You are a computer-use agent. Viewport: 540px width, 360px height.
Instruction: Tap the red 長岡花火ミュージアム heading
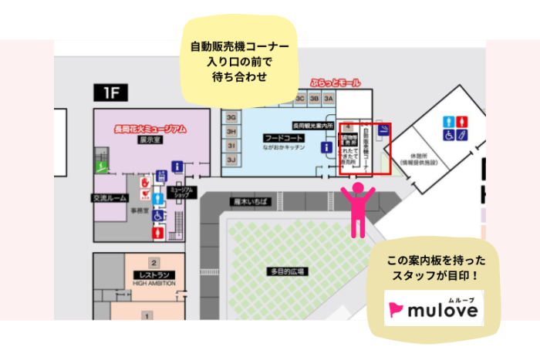click(150, 130)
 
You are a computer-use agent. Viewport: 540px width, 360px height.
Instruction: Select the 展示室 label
click(150, 141)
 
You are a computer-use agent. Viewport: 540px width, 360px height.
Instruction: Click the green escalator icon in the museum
click(100, 165)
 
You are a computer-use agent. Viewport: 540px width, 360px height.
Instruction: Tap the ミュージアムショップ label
click(181, 191)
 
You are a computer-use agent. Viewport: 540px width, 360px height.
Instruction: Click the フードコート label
click(279, 136)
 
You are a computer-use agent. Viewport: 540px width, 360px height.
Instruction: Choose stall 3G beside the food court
click(231, 117)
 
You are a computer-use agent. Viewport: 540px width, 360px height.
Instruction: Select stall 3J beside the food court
click(231, 159)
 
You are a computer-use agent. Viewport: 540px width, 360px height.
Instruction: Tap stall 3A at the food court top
click(329, 99)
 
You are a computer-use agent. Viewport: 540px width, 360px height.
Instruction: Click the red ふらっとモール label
click(335, 82)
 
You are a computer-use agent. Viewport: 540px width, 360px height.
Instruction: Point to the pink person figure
click(358, 209)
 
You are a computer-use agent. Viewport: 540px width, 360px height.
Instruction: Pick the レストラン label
click(154, 275)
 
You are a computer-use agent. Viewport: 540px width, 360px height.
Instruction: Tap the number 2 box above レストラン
click(154, 262)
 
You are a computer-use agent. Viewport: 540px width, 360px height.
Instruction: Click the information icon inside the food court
click(327, 146)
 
